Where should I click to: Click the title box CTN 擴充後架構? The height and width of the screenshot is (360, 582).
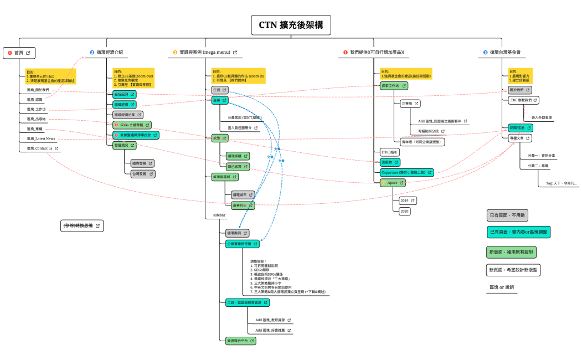click(x=291, y=25)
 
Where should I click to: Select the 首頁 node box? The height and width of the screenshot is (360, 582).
click(x=19, y=53)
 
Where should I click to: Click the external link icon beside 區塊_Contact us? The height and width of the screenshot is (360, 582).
click(x=56, y=148)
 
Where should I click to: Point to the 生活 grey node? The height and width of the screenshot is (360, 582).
click(x=219, y=90)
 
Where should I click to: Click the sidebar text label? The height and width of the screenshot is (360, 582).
click(x=219, y=214)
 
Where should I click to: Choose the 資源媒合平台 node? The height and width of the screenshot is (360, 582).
click(x=240, y=341)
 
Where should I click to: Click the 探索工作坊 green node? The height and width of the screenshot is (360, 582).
click(x=393, y=86)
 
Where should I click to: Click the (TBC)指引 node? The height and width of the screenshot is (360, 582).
click(x=389, y=152)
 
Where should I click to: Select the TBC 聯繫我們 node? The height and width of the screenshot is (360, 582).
click(x=523, y=100)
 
